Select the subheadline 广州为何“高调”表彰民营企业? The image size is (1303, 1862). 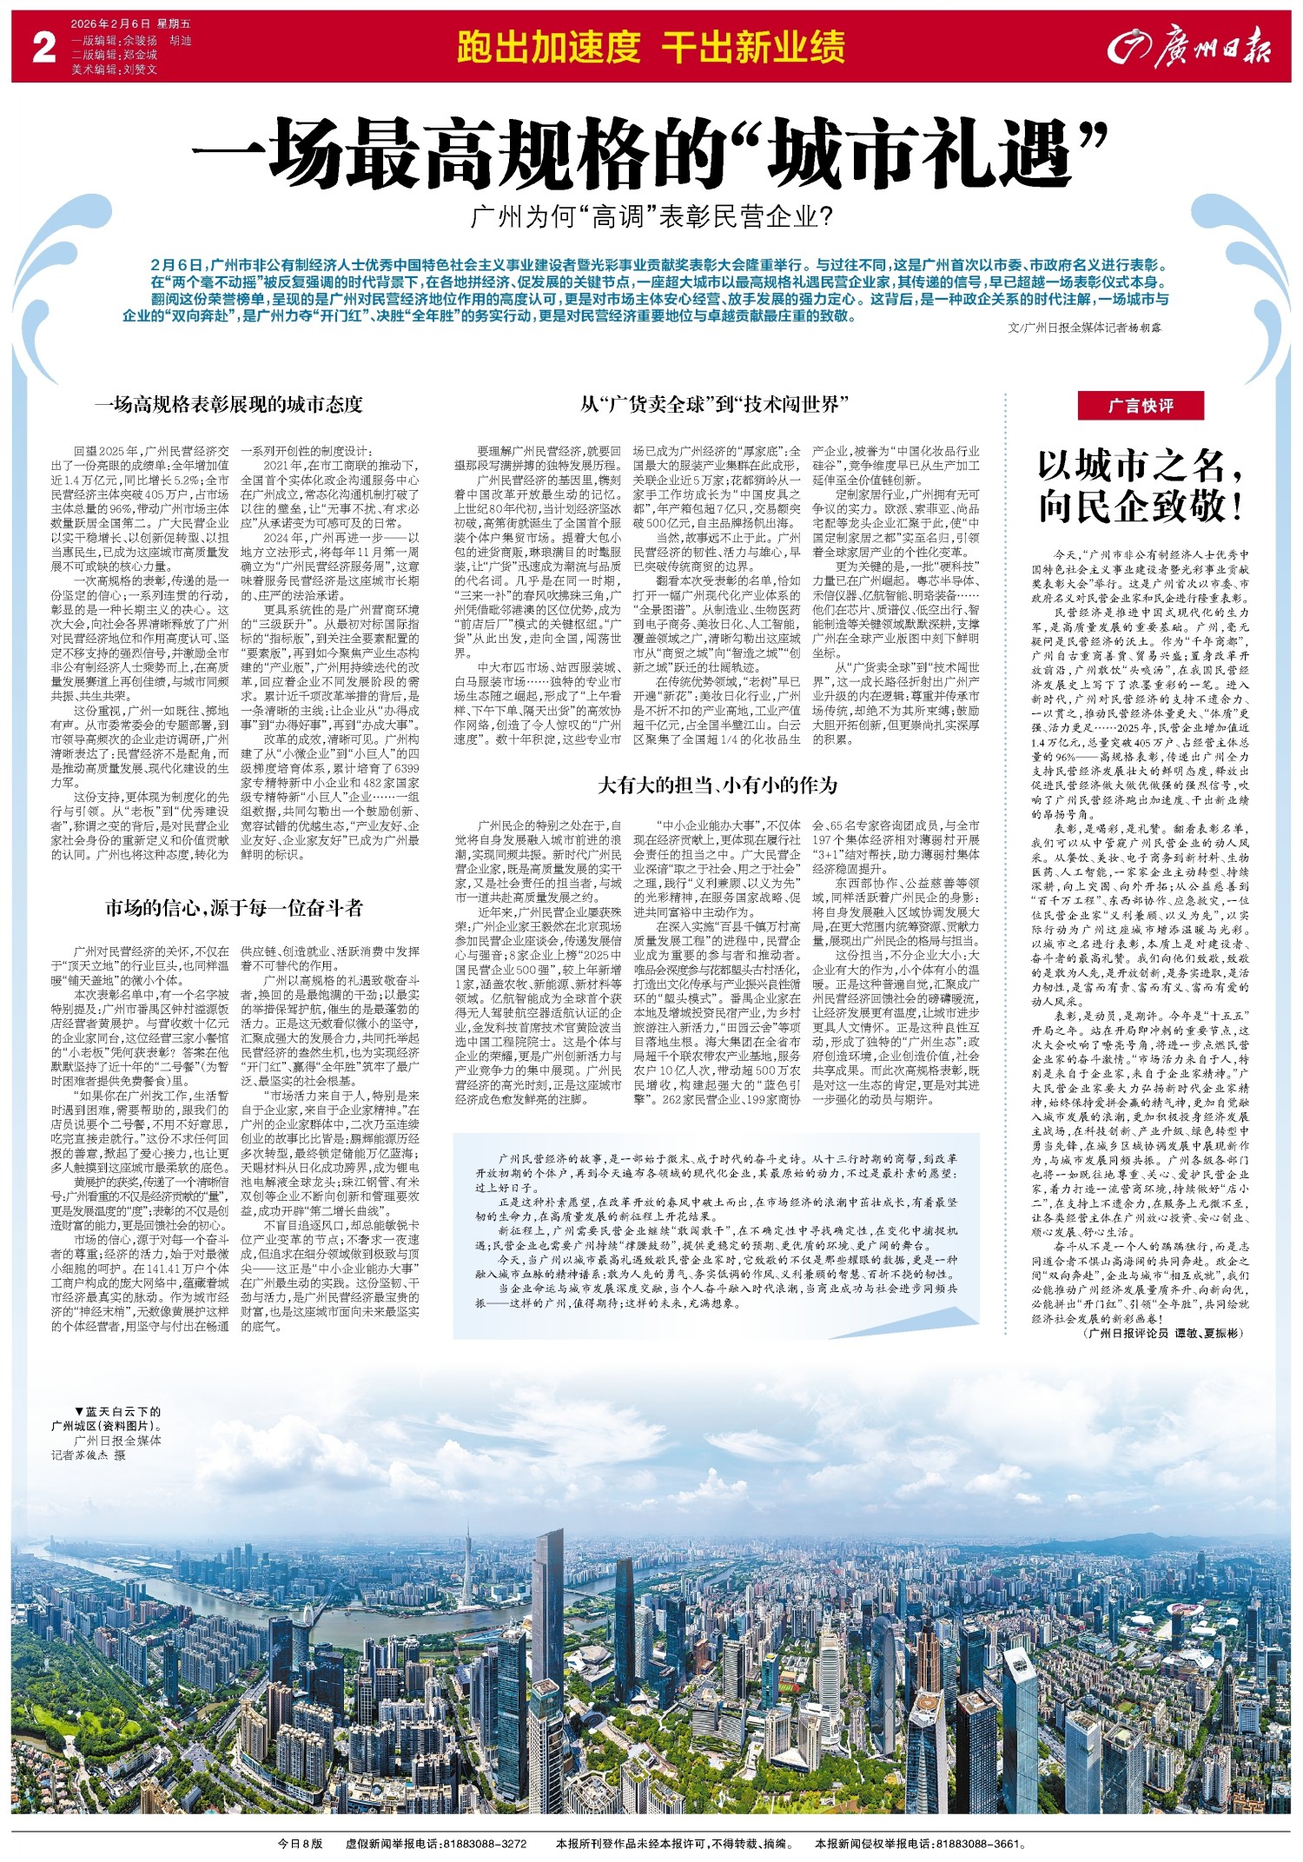(x=651, y=216)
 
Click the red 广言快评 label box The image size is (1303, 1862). (x=1141, y=406)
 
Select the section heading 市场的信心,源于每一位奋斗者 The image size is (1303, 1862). (x=234, y=909)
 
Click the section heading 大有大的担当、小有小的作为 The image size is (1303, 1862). (x=718, y=785)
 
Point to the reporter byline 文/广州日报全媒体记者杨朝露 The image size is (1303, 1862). (x=1084, y=329)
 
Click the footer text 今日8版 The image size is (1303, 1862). (x=300, y=1844)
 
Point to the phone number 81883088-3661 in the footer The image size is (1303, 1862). (x=980, y=1844)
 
